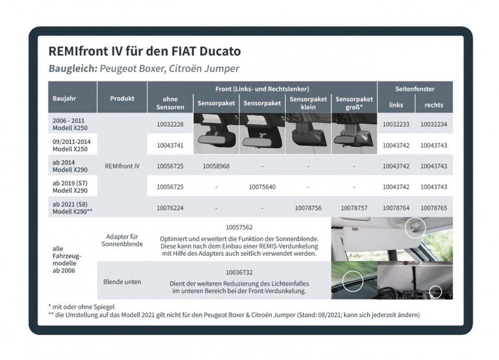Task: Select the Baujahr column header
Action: pos(64,99)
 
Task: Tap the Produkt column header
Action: pos(122,99)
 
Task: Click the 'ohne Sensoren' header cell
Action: pos(170,103)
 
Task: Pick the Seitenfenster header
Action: pos(415,89)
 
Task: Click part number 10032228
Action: pos(170,124)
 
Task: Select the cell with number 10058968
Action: pos(216,166)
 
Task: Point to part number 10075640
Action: pos(262,187)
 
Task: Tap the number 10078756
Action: pos(308,207)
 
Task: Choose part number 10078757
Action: pos(354,207)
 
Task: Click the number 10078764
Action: pos(396,207)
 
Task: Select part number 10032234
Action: pos(434,124)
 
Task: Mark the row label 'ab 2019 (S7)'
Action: pos(70,183)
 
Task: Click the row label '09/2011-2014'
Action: pos(72,141)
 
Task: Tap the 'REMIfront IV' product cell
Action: pos(122,166)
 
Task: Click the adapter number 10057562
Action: pos(239,228)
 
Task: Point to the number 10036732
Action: pos(239,273)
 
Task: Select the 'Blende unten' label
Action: pos(122,282)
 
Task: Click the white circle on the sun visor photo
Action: pos(415,227)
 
